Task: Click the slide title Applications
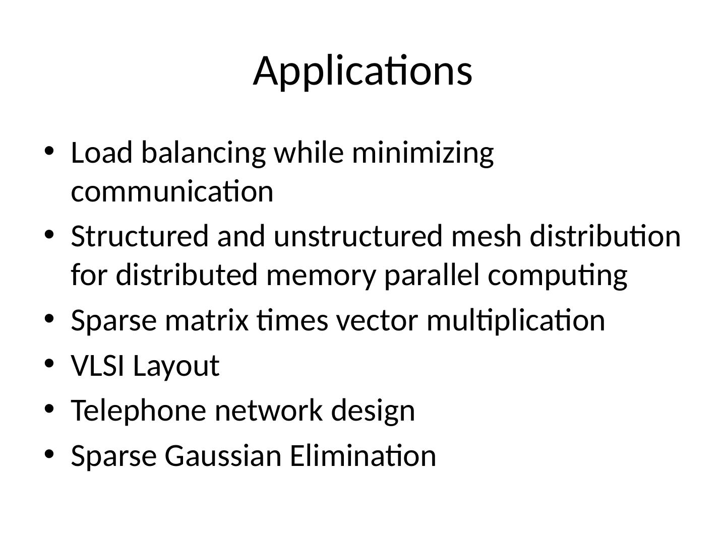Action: tap(362, 71)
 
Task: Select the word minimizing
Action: tap(422, 154)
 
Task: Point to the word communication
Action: tap(172, 192)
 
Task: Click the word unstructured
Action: tap(358, 236)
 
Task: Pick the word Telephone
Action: tap(139, 411)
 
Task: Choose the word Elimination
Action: tap(363, 456)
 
